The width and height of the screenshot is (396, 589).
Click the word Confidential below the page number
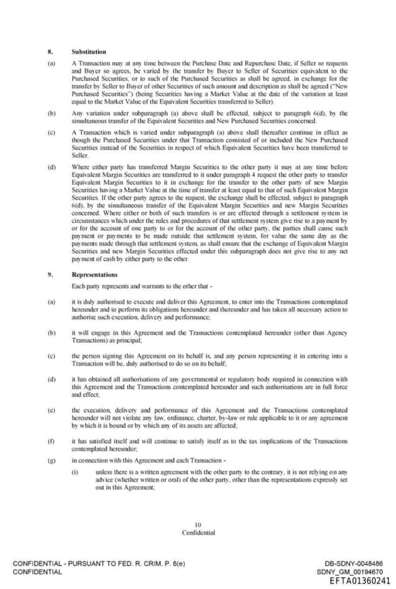197,532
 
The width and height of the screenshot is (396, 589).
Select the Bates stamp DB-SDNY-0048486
359,563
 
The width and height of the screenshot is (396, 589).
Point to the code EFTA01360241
360,580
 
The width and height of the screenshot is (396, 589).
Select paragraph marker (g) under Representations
50,461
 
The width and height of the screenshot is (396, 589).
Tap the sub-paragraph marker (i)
75,471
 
